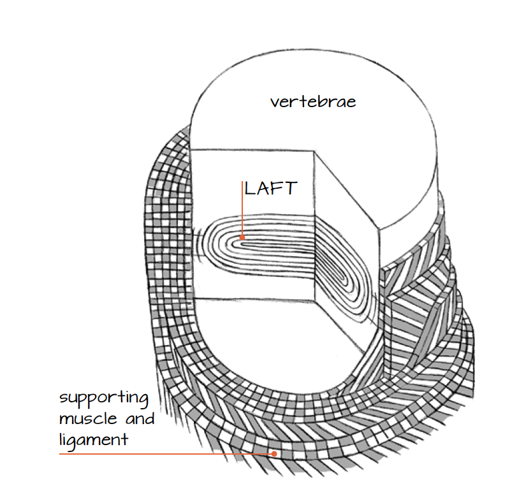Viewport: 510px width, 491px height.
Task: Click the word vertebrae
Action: point(313,101)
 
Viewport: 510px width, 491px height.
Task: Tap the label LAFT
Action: point(271,188)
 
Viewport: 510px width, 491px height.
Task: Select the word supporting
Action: point(104,399)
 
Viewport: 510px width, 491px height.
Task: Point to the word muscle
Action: point(88,418)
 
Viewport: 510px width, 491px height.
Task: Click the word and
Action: point(140,419)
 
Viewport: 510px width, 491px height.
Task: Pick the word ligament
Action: point(94,441)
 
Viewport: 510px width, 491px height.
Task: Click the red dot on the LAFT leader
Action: point(242,237)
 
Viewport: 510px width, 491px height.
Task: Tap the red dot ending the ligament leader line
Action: point(274,453)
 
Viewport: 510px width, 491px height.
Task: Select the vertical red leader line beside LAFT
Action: point(242,209)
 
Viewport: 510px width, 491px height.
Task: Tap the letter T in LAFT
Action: point(291,188)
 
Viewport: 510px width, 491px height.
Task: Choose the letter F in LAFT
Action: point(277,188)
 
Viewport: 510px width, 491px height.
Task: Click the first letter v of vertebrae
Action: point(275,103)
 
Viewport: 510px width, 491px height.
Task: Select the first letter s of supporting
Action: point(63,399)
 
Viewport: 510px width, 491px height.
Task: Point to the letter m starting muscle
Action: point(66,420)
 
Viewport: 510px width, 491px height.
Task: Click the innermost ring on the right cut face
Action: point(336,271)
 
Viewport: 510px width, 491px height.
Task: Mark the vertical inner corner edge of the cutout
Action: point(314,226)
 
